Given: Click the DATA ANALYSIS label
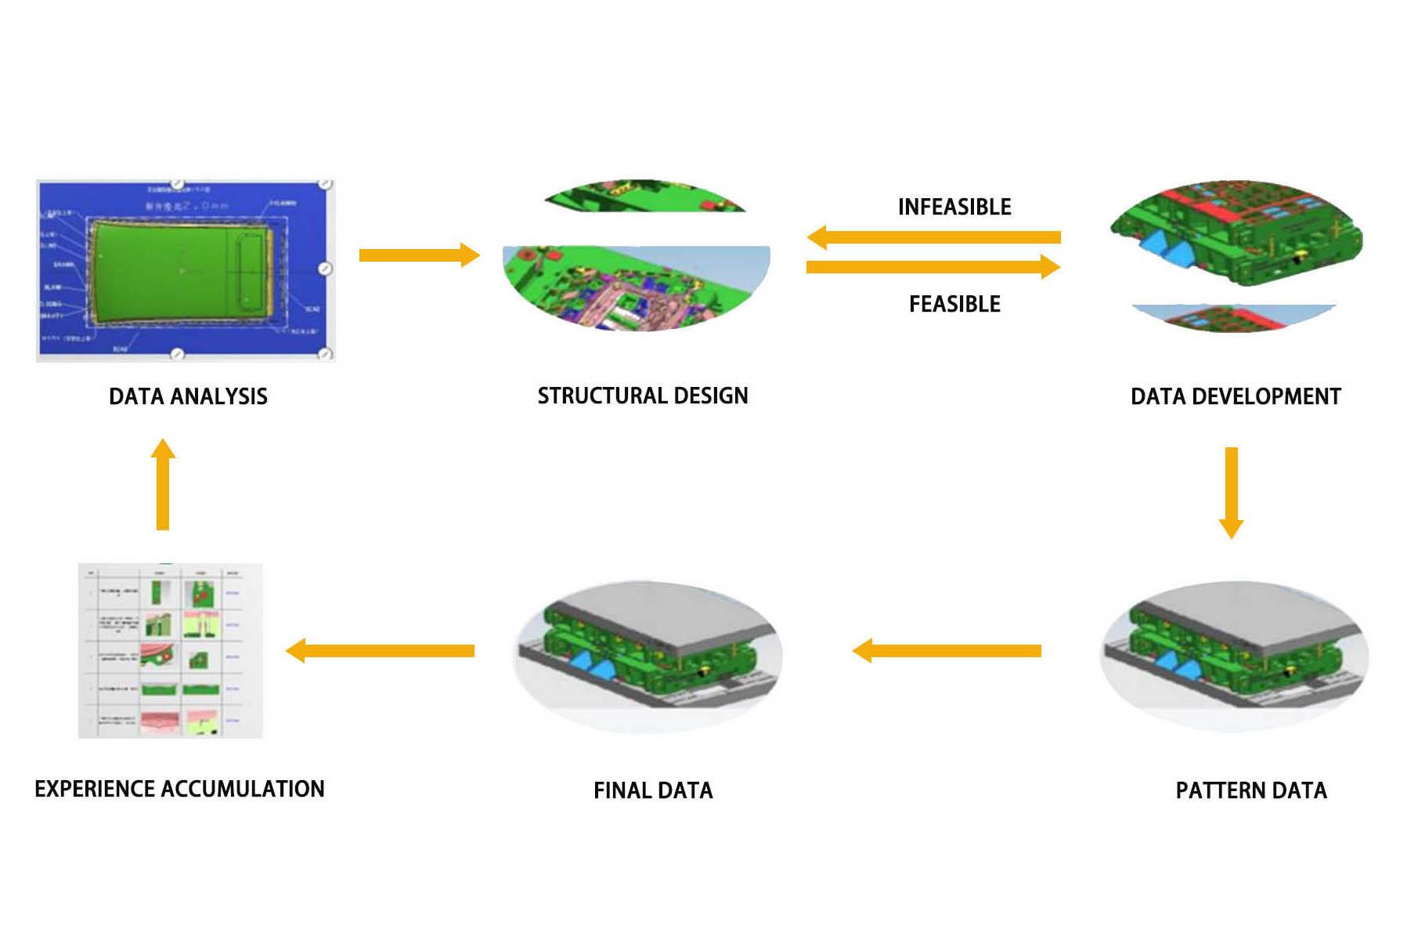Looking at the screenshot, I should [188, 396].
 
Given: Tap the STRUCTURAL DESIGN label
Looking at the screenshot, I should [642, 396].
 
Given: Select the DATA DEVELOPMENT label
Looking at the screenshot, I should [1236, 396].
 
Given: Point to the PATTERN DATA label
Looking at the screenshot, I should [1250, 790].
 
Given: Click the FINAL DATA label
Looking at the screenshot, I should [653, 790].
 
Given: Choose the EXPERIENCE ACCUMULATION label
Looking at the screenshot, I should [179, 789].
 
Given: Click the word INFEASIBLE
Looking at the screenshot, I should [954, 207].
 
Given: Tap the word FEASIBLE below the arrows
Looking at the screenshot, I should [954, 304].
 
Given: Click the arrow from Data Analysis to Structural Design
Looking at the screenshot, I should [419, 255].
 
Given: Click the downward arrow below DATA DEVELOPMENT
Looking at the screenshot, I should [1231, 492].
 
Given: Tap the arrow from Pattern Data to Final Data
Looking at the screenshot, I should [947, 650].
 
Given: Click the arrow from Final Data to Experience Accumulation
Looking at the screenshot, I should [381, 650].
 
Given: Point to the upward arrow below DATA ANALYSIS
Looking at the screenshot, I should [163, 484].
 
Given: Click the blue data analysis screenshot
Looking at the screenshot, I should [186, 270].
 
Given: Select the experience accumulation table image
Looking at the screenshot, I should [170, 650].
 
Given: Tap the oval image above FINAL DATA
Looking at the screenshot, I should [648, 656].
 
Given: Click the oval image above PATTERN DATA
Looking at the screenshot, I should [1233, 656].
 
